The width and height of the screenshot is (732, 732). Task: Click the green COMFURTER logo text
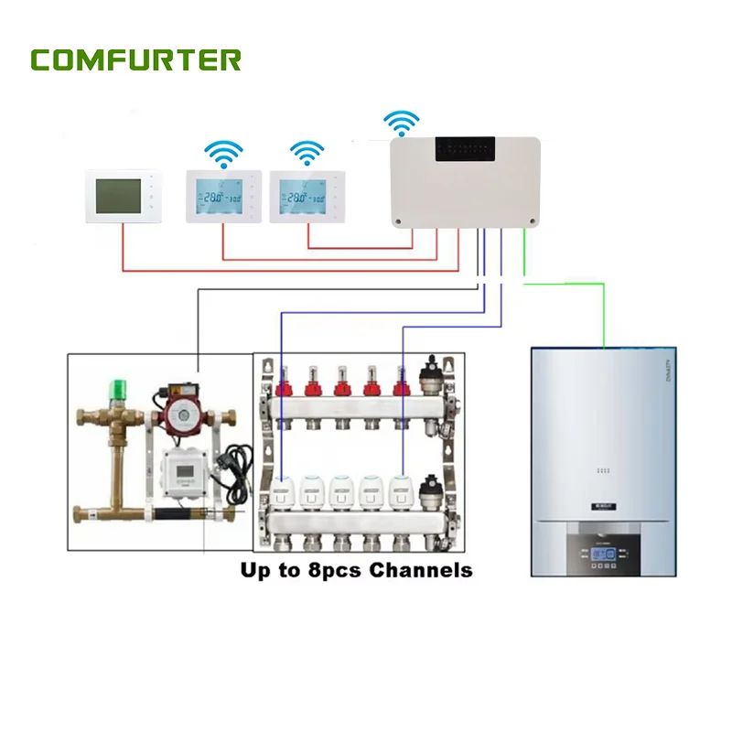(135, 60)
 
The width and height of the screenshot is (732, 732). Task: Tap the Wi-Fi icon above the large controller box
(401, 123)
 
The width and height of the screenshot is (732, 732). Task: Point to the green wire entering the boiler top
(604, 320)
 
